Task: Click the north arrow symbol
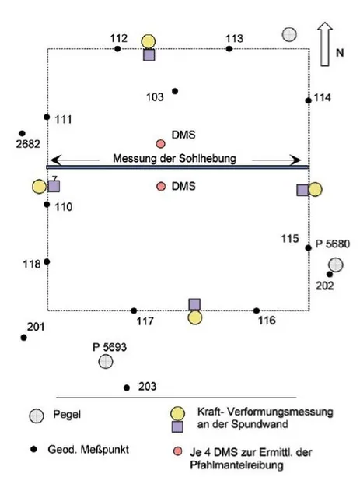point(325,44)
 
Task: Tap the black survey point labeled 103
point(175,91)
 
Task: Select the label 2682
point(28,144)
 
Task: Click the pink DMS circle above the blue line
point(160,144)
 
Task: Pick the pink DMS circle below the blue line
point(161,186)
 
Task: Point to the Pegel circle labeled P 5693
point(106,361)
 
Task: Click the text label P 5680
point(333,244)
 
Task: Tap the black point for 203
point(127,388)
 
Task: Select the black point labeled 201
point(24,338)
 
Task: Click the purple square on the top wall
point(149,54)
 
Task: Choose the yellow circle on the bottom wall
point(195,317)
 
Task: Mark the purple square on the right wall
point(302,190)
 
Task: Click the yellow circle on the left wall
point(39,187)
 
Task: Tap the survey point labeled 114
point(309,100)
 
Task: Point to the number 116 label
point(267,321)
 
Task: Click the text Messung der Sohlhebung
point(174,159)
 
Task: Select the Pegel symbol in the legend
point(37,416)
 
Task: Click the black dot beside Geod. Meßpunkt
point(33,449)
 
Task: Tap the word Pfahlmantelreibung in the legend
point(236,465)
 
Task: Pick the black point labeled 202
point(330,275)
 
